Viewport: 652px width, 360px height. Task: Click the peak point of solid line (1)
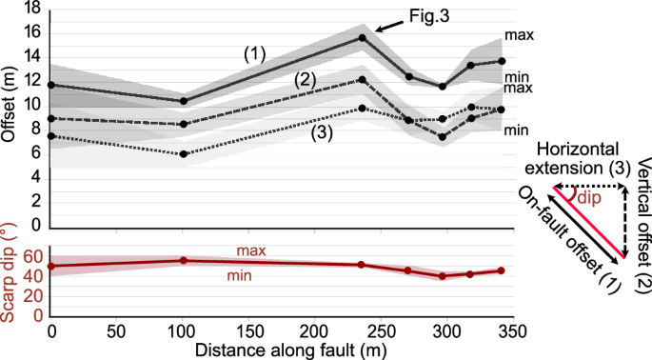(362, 37)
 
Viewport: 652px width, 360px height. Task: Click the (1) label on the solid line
(254, 54)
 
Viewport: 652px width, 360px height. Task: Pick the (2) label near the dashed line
(306, 78)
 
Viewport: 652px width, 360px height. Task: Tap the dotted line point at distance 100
(183, 153)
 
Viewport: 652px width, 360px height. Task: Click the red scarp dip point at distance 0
(50, 267)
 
